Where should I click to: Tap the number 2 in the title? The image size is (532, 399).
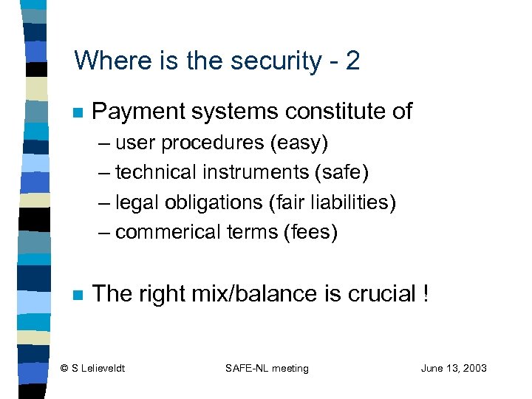point(352,61)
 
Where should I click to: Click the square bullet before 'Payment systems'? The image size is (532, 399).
point(77,113)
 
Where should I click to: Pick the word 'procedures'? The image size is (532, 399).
point(213,142)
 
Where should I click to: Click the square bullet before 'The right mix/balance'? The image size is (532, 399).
point(77,295)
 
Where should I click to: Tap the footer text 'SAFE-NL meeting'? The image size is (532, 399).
point(267,369)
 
